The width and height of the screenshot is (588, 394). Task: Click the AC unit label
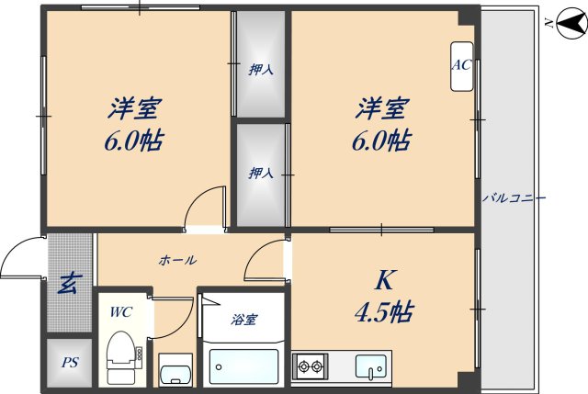pos(461,66)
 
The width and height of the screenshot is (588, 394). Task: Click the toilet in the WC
pos(121,357)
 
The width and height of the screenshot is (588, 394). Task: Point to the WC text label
pos(121,312)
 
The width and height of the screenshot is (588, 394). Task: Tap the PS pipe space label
pos(70,362)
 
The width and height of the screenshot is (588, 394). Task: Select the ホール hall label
pos(177,260)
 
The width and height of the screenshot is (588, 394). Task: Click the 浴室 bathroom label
pos(243,320)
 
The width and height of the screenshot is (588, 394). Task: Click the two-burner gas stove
pos(311,368)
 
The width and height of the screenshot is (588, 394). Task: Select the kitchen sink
pos(373,366)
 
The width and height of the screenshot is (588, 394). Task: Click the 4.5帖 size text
pos(382,312)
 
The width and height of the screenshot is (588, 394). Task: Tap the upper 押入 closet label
pos(261,68)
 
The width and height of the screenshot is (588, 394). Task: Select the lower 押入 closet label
pos(261,172)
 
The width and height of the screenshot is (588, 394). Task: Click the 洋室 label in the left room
pos(133,109)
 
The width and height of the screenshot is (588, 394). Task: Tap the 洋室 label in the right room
pos(382,109)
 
